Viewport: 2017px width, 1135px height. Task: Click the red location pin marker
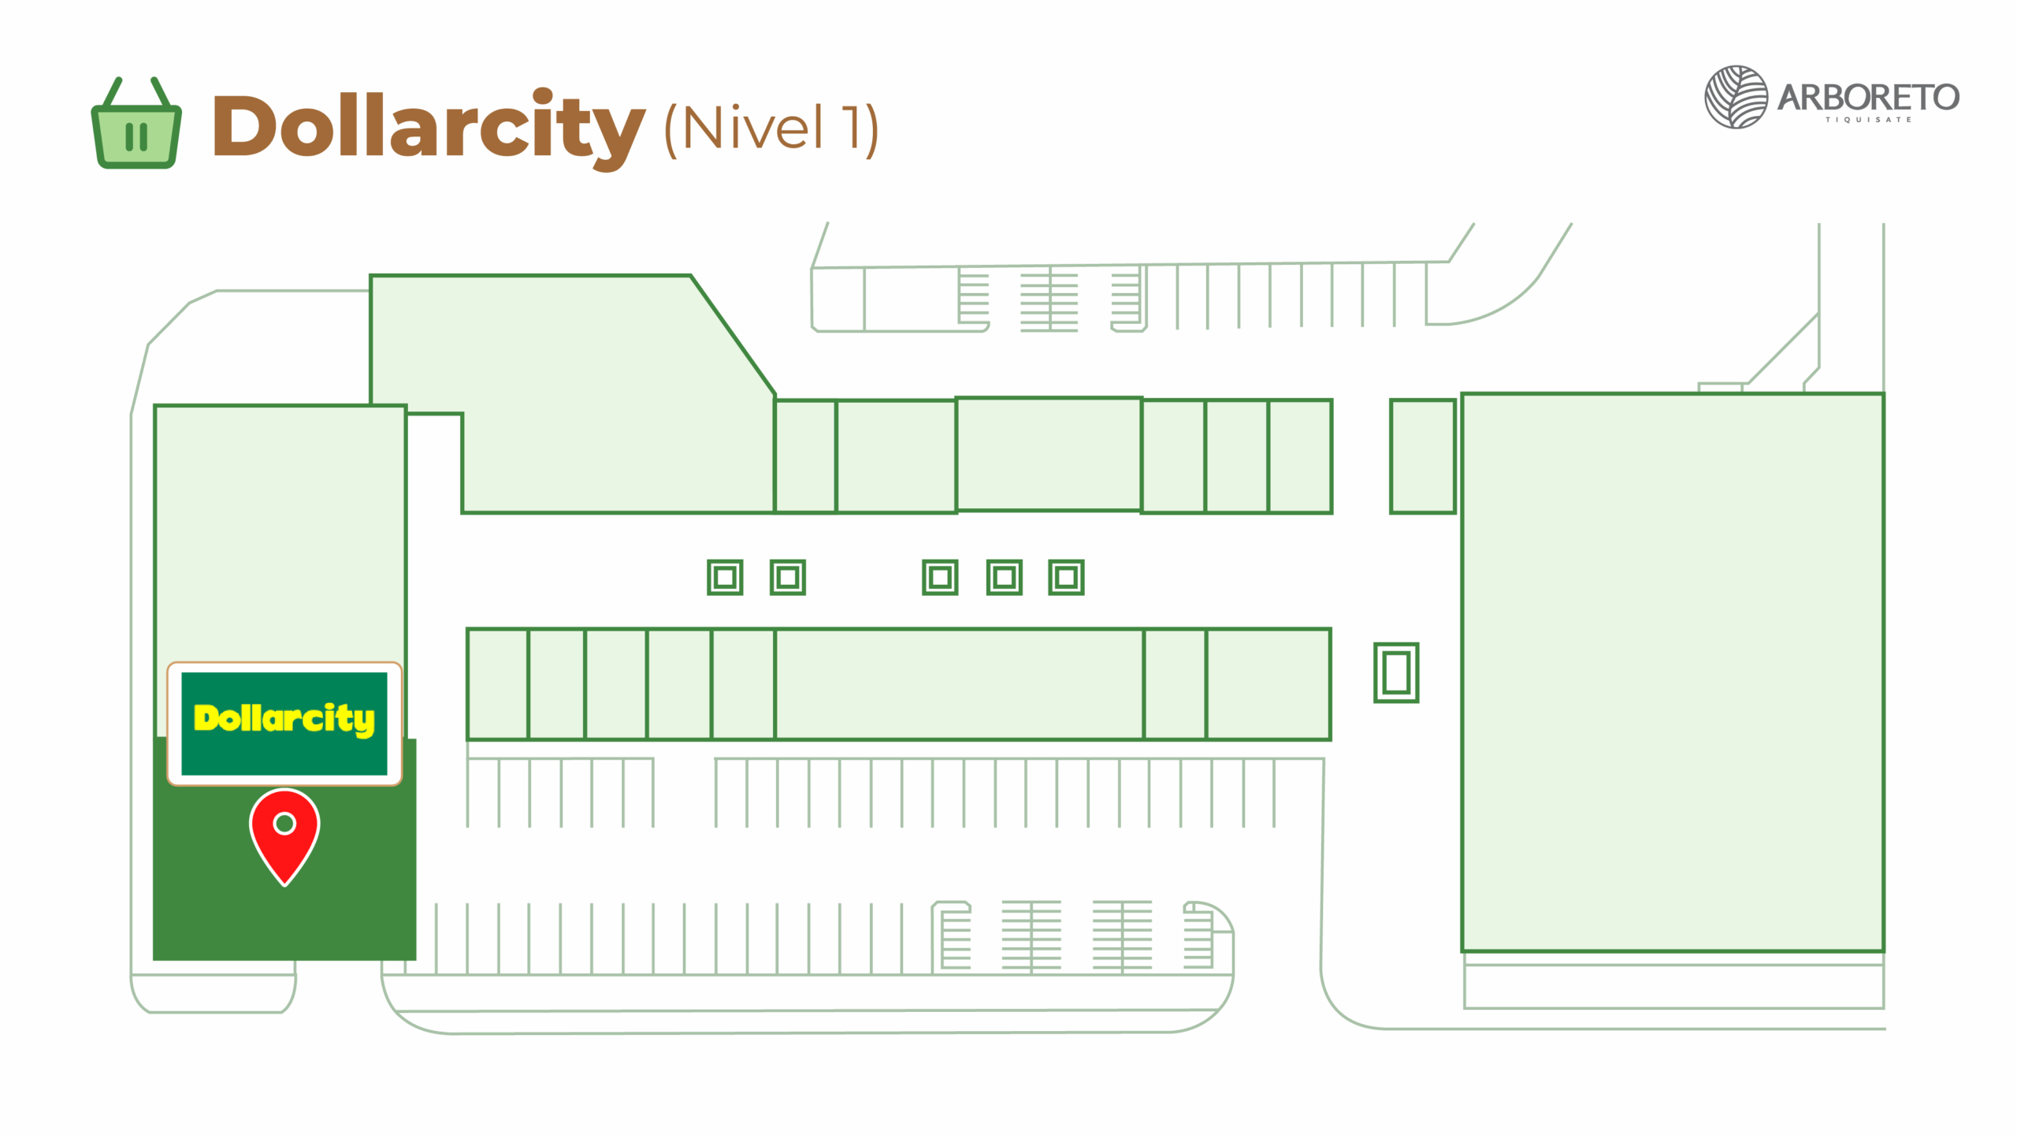tap(284, 835)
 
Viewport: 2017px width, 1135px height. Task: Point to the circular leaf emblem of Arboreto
tap(1736, 97)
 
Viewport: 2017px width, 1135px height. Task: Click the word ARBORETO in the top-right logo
tap(1868, 98)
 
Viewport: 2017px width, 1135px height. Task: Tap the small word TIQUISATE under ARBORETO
tap(1868, 120)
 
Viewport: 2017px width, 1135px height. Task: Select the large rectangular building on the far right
tap(1673, 672)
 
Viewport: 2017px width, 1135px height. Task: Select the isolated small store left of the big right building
tap(1422, 456)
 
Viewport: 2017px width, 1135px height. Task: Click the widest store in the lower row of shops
tap(959, 684)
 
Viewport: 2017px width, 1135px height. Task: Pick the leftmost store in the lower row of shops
tap(497, 684)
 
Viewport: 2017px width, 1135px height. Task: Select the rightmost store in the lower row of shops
tap(1269, 684)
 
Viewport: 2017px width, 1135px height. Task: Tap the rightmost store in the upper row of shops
tap(1300, 456)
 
